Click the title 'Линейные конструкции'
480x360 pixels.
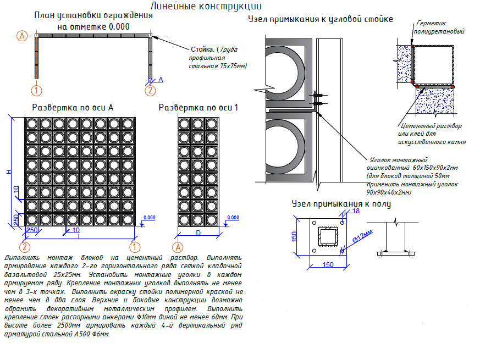tap(206, 7)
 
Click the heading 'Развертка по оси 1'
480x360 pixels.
tap(198, 108)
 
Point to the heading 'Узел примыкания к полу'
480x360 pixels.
tap(341, 204)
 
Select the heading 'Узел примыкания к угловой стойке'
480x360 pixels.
tap(321, 19)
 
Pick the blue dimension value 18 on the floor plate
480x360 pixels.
tap(355, 211)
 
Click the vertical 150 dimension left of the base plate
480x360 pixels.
tap(294, 236)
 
